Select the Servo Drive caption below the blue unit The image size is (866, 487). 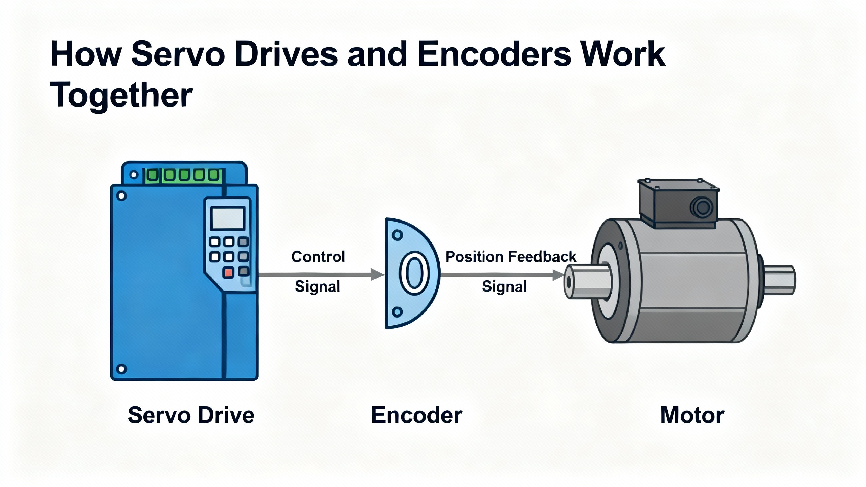tap(191, 415)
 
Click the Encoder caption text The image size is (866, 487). tap(417, 415)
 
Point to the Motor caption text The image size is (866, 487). tap(692, 415)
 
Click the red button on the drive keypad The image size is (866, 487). tap(228, 272)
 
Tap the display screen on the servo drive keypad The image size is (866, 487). tap(227, 218)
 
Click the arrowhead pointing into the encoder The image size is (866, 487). tap(377, 274)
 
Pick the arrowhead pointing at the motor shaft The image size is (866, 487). tap(558, 275)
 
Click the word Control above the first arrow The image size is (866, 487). tap(318, 257)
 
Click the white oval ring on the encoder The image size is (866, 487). tap(414, 274)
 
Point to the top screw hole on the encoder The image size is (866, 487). tap(397, 235)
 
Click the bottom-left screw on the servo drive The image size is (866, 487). tap(121, 368)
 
